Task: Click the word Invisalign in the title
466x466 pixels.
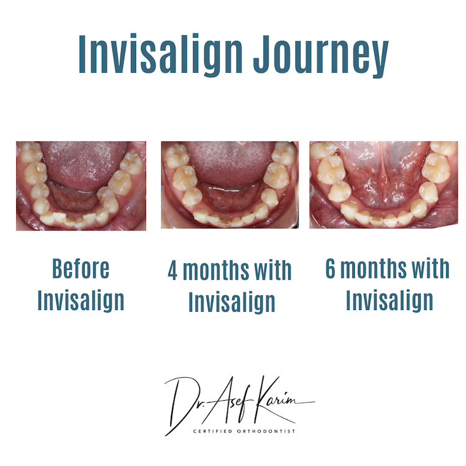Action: click(161, 55)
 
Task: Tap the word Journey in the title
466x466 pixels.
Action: click(321, 56)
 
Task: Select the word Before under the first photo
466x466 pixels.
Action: click(81, 268)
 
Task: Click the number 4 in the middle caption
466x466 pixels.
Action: click(173, 270)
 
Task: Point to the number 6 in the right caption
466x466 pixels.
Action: click(331, 268)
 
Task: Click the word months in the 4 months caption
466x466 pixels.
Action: click(216, 271)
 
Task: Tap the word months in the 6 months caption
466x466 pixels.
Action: click(373, 268)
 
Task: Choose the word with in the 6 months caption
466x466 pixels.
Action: click(431, 268)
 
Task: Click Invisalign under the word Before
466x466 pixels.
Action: click(81, 301)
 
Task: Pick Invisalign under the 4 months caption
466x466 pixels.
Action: click(232, 302)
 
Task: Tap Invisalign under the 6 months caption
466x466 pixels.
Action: click(390, 301)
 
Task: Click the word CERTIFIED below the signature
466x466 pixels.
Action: click(212, 431)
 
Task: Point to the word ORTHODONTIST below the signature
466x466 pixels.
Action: click(267, 431)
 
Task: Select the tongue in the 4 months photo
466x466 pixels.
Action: click(229, 163)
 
